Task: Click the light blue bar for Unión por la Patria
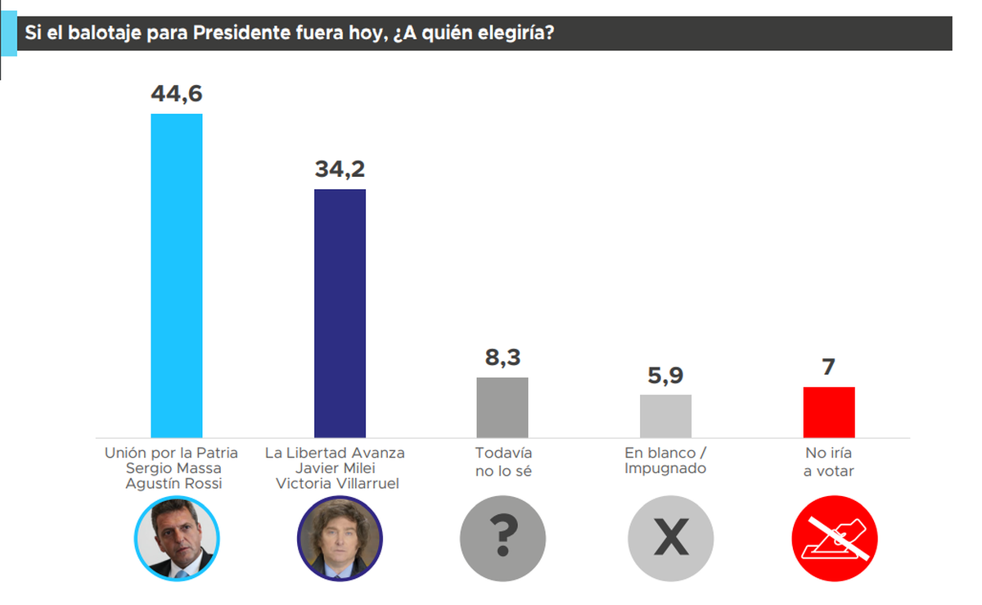click(177, 275)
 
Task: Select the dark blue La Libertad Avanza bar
click(340, 313)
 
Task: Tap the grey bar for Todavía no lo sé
click(502, 407)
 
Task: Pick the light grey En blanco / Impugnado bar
click(665, 416)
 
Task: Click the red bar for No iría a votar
click(829, 412)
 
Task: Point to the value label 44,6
click(176, 93)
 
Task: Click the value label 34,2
click(340, 169)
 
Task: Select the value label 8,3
click(502, 358)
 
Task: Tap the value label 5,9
click(665, 376)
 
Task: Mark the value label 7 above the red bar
click(829, 367)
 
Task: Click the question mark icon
click(503, 538)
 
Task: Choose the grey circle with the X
click(670, 538)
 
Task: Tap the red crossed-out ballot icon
click(834, 538)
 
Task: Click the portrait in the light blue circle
click(177, 538)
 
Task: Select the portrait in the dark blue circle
click(340, 538)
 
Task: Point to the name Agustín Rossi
click(173, 483)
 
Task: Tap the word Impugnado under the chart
click(664, 468)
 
